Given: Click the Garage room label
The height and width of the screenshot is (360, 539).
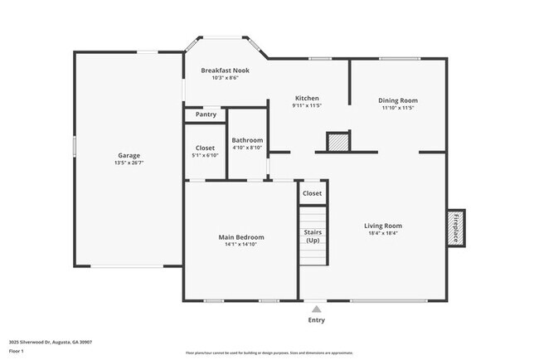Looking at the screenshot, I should (x=129, y=155).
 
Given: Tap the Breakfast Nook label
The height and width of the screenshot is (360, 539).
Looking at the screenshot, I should (x=225, y=71).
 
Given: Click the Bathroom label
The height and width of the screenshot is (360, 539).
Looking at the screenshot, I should (x=247, y=140).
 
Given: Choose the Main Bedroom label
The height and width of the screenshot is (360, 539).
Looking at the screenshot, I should (x=241, y=237).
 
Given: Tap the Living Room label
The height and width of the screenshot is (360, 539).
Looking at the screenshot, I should (x=382, y=226).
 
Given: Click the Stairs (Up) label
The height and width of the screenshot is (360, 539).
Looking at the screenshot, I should (x=313, y=236).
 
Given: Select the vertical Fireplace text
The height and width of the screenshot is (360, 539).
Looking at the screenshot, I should (x=455, y=227).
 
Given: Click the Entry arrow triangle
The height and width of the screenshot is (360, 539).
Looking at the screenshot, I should (x=316, y=309).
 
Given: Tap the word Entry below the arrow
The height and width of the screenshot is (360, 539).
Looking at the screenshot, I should (x=317, y=320).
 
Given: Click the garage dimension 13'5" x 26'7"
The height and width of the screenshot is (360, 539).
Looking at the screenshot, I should (x=129, y=163).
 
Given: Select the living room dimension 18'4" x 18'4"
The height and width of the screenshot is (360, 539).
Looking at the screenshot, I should (x=382, y=234).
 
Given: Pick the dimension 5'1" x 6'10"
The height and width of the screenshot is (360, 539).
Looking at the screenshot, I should (x=205, y=155).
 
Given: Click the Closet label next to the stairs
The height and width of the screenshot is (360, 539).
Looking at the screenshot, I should (x=312, y=193).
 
